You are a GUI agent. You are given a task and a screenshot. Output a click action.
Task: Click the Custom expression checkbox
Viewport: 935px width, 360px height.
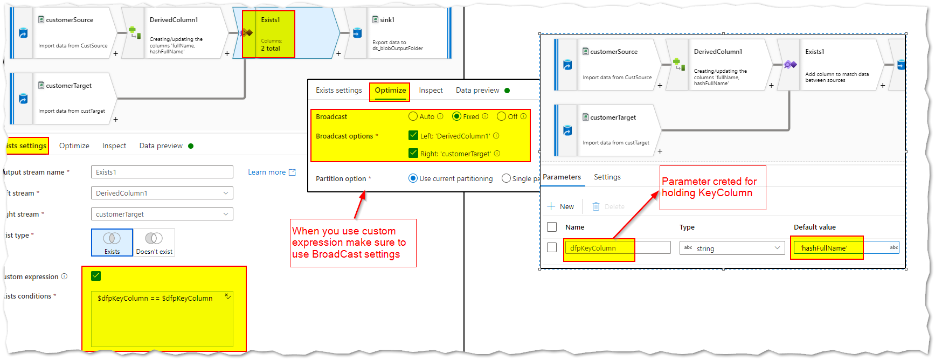coord(96,276)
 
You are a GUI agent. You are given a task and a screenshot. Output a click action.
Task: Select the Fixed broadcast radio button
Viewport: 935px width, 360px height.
coord(456,116)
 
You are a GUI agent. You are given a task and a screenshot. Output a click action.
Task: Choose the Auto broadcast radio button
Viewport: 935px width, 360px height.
coord(413,116)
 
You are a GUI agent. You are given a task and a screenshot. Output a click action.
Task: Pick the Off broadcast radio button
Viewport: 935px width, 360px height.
coord(501,116)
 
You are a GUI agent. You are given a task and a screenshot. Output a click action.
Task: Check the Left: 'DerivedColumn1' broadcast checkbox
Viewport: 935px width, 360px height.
coord(413,135)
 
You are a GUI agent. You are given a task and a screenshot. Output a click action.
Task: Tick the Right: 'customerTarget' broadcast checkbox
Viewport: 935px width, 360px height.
coord(413,153)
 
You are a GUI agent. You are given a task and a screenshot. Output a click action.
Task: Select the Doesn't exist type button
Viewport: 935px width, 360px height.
coord(154,243)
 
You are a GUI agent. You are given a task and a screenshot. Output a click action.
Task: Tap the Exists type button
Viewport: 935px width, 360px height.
coord(112,243)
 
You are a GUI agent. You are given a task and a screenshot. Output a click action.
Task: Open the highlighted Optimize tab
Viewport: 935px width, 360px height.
coord(390,91)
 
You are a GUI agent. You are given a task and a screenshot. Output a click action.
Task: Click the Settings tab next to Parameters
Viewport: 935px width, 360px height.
coord(607,177)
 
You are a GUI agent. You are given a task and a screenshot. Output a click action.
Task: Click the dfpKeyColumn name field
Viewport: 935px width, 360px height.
coord(617,248)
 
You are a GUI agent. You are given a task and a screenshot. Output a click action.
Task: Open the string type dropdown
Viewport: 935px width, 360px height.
coord(732,248)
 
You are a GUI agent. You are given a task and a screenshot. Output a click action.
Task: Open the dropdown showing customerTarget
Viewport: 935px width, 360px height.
coord(162,214)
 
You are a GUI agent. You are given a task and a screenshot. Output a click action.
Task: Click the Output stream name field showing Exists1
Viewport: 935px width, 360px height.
coord(162,172)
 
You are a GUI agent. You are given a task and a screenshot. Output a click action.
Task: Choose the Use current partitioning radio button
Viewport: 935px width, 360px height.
coord(413,178)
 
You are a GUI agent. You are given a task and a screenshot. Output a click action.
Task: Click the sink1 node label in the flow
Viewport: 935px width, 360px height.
coord(387,20)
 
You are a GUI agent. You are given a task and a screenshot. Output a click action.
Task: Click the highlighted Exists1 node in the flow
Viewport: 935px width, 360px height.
coord(269,34)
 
